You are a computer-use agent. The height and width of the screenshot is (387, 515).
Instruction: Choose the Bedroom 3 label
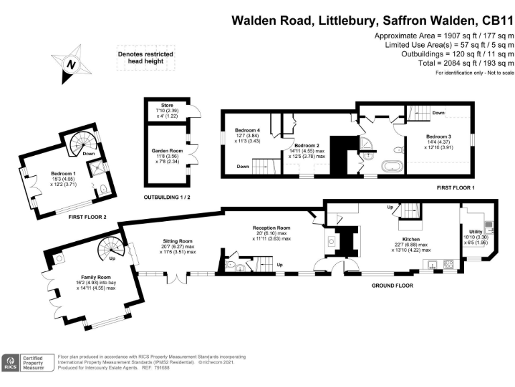coord(439,137)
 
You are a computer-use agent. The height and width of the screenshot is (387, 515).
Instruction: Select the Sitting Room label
coord(178,241)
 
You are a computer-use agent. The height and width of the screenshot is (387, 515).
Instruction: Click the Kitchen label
coord(410,239)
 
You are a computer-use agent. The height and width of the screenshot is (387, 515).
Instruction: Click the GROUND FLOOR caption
coord(392,286)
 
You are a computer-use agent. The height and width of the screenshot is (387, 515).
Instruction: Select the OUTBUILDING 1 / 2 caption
coord(167,198)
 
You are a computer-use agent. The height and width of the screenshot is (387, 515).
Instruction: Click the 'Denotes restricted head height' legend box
coord(150,58)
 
